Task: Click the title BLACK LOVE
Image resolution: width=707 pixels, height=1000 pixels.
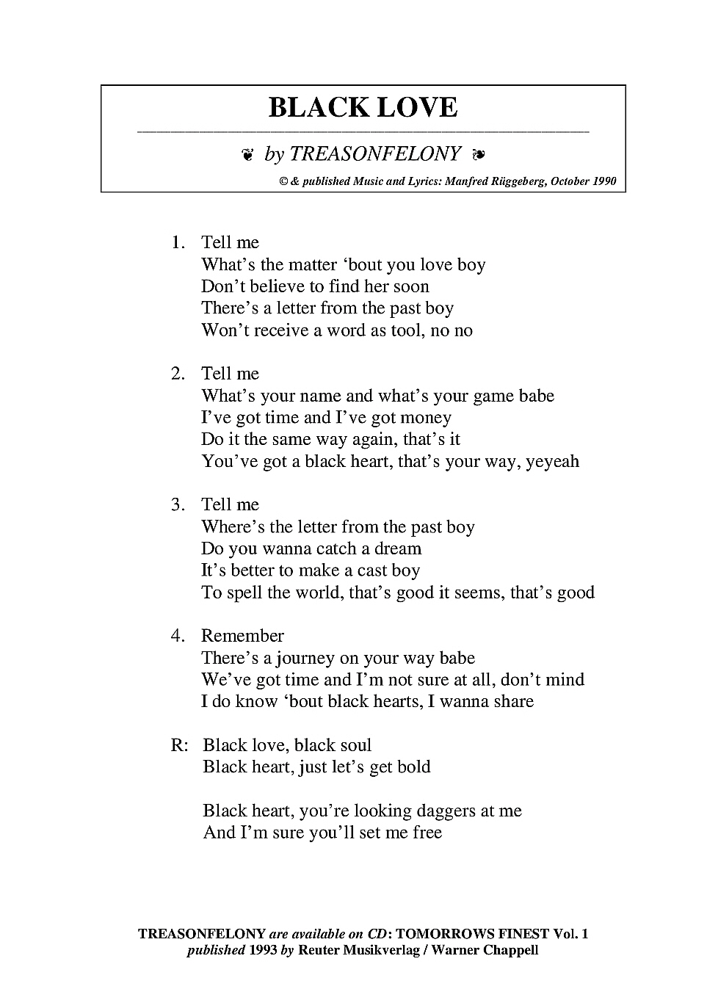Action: (363, 108)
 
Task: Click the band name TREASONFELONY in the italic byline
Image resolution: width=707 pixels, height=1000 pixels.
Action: (375, 154)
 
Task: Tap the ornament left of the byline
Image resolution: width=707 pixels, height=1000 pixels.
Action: (247, 155)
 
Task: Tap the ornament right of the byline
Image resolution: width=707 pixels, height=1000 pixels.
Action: (479, 155)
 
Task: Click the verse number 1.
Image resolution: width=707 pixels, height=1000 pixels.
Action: (177, 243)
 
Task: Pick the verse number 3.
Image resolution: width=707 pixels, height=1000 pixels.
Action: (177, 505)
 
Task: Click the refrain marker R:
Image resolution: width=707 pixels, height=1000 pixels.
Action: (180, 746)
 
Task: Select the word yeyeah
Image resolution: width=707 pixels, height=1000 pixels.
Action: (552, 462)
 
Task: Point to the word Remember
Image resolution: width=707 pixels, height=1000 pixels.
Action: (242, 636)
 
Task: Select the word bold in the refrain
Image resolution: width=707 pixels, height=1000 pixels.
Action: (414, 767)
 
